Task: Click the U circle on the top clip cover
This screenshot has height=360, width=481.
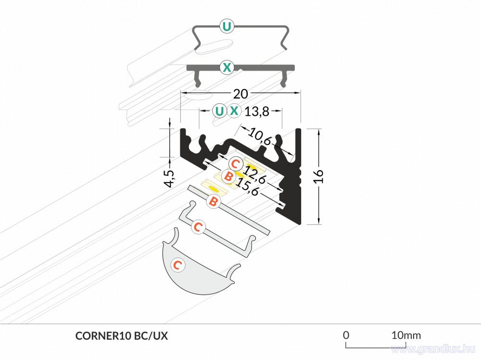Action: pyautogui.click(x=227, y=26)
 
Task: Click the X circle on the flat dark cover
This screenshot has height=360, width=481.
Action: pyautogui.click(x=227, y=67)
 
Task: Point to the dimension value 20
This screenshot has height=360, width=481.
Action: pyautogui.click(x=240, y=94)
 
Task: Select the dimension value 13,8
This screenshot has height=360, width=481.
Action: pyautogui.click(x=257, y=112)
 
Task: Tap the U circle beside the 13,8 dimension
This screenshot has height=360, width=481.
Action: pyautogui.click(x=219, y=111)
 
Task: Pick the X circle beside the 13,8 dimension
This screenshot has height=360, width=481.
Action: pyautogui.click(x=234, y=111)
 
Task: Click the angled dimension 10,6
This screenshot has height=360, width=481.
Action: pyautogui.click(x=260, y=137)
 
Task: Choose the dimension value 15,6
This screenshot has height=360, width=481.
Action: pyautogui.click(x=247, y=186)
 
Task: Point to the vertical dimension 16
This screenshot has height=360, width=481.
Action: pyautogui.click(x=318, y=176)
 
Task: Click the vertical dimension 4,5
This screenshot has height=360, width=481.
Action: pyautogui.click(x=169, y=178)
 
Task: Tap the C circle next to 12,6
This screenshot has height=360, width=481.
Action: pyautogui.click(x=236, y=164)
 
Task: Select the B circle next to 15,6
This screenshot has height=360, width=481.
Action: pyautogui.click(x=228, y=176)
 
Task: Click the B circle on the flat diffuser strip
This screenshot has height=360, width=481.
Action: pyautogui.click(x=214, y=202)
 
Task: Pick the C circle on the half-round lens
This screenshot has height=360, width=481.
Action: pyautogui.click(x=177, y=265)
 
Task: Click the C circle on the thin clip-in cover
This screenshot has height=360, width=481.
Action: pyautogui.click(x=198, y=227)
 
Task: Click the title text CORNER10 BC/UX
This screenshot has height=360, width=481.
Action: pyautogui.click(x=122, y=336)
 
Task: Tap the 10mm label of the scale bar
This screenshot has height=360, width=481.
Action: pyautogui.click(x=406, y=335)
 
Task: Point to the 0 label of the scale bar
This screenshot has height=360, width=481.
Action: pyautogui.click(x=346, y=335)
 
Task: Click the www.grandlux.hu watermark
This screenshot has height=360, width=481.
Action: pyautogui.click(x=433, y=349)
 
